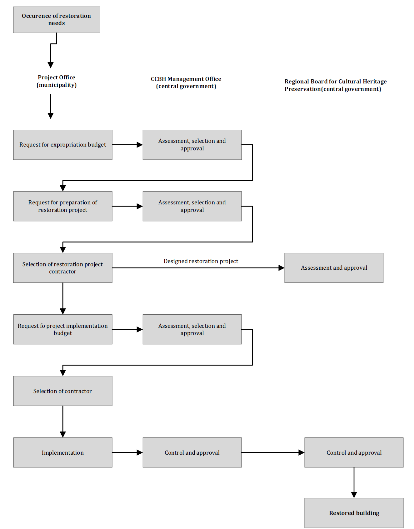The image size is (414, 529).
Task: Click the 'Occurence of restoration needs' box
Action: tap(57, 20)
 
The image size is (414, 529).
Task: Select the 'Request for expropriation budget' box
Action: tap(63, 145)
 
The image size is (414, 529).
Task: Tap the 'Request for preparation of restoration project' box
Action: tap(63, 206)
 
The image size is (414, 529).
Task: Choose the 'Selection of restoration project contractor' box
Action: tap(63, 268)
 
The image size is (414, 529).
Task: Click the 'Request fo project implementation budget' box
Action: tap(63, 329)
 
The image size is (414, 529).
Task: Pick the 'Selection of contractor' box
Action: tap(63, 391)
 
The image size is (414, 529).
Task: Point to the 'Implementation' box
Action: tap(63, 452)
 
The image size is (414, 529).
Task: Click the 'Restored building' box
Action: tap(354, 513)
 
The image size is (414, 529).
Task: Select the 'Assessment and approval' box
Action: tap(334, 268)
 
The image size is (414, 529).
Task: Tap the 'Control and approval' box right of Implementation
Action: tap(192, 452)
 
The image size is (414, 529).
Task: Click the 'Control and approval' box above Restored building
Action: tap(354, 452)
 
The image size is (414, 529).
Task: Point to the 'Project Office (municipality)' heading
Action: tap(57, 81)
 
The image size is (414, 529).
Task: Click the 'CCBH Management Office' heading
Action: tap(186, 79)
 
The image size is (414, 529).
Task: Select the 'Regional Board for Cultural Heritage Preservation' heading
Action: tap(336, 85)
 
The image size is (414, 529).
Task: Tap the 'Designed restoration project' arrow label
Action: tap(201, 261)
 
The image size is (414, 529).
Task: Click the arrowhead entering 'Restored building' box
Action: tap(354, 495)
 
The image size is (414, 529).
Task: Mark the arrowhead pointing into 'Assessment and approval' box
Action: tap(281, 268)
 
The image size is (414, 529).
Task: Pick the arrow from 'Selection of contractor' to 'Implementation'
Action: tap(63, 422)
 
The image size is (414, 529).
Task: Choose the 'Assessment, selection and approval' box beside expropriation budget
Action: tap(192, 145)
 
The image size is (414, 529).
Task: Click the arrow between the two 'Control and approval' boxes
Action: tap(273, 452)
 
